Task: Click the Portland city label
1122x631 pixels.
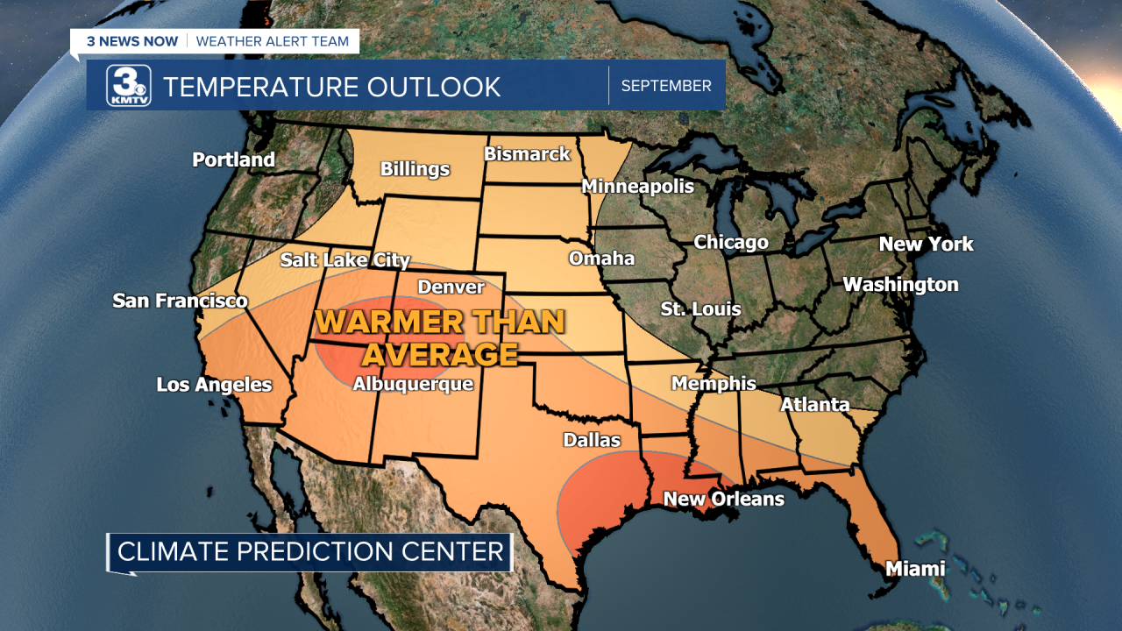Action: (x=233, y=160)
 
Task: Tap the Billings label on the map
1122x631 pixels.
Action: (x=415, y=169)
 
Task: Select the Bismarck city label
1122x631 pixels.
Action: (x=527, y=154)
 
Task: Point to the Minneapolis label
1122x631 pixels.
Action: (x=637, y=186)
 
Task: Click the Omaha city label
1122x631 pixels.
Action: (x=601, y=259)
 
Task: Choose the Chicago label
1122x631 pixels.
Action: (x=731, y=242)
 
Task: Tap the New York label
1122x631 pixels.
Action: (x=926, y=245)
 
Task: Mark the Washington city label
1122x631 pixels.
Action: (x=900, y=285)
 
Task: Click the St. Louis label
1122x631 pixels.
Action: (x=700, y=309)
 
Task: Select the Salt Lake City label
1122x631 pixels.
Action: (x=344, y=260)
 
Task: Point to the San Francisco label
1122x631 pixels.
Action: (x=180, y=301)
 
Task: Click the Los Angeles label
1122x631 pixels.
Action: (x=214, y=385)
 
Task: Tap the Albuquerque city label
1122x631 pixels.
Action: (x=412, y=384)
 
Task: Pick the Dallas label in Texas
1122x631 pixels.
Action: (x=592, y=440)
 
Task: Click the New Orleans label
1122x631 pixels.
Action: (x=723, y=499)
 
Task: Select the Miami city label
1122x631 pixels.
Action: (x=915, y=569)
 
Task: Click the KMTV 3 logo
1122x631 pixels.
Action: (x=129, y=86)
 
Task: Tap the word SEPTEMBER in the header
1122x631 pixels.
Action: (x=666, y=86)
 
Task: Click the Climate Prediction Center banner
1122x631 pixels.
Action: (x=310, y=552)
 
